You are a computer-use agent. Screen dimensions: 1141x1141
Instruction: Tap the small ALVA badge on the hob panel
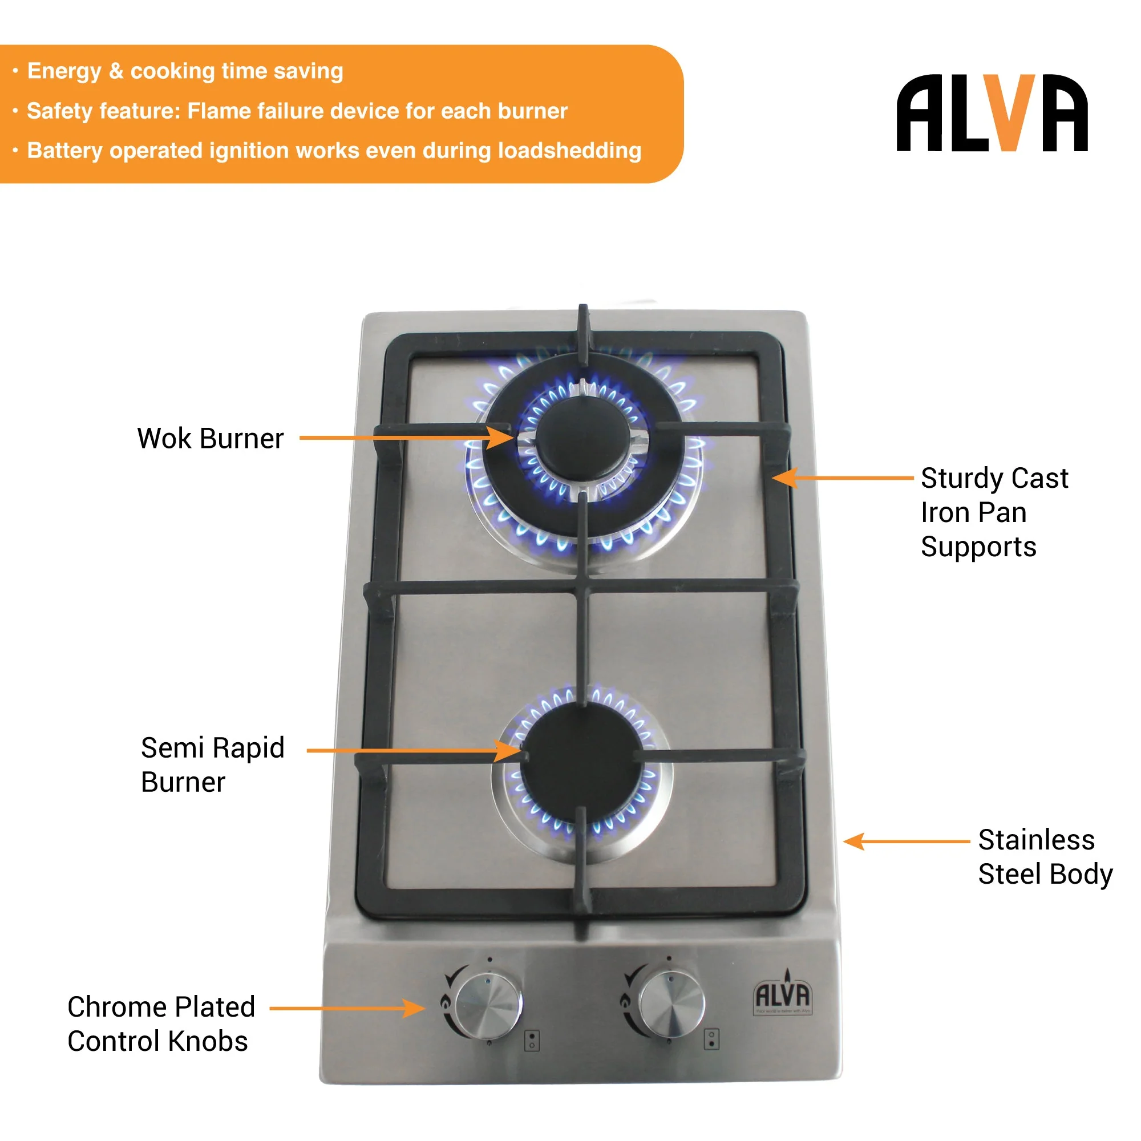click(783, 996)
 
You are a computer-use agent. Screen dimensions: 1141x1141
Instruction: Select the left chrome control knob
click(488, 1006)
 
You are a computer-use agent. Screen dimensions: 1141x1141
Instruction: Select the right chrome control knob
click(672, 1005)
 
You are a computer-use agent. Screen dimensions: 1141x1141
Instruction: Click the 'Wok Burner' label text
click(211, 439)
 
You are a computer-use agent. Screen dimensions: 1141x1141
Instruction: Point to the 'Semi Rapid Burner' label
click(213, 764)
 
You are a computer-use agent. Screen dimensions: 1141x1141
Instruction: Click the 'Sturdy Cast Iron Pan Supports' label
click(994, 512)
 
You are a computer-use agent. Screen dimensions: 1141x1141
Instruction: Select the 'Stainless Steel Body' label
click(1044, 857)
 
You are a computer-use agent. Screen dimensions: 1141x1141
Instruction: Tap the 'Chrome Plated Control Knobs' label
click(161, 1024)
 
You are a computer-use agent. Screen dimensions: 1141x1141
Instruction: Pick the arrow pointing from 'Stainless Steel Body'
click(907, 841)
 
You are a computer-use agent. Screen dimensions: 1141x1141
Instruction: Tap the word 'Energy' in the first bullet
click(64, 71)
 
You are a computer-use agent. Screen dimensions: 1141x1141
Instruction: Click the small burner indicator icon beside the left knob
click(532, 1041)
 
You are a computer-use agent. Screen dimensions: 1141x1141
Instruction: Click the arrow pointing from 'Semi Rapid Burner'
click(414, 751)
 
